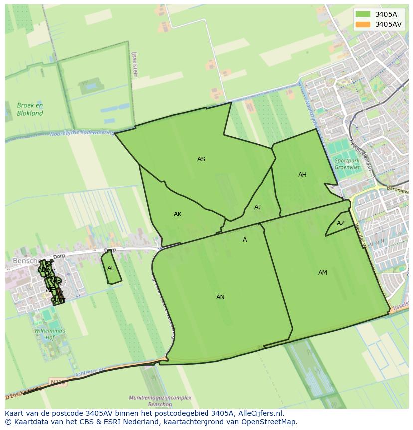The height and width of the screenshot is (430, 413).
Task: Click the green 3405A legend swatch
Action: [363, 14]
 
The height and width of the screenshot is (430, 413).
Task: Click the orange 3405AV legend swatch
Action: [363, 24]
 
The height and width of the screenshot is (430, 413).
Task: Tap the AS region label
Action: [201, 159]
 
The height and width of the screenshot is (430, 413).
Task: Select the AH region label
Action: [302, 175]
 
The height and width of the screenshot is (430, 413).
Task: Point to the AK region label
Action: [178, 214]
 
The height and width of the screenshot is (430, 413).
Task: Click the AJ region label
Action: [257, 207]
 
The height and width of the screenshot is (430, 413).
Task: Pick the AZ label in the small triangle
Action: [341, 223]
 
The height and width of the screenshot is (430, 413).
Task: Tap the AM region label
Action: [323, 273]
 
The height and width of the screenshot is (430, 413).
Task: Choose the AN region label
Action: [220, 297]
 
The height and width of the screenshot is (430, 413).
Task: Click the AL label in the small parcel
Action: [111, 268]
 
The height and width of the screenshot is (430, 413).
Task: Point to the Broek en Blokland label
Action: [30, 109]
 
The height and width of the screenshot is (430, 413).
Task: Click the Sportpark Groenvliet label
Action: [347, 164]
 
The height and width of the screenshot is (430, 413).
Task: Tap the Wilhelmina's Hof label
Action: [49, 334]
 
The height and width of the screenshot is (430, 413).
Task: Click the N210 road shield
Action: [58, 382]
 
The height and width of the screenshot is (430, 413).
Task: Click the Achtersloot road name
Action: [90, 373]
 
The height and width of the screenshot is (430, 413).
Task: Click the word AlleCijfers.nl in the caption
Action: [259, 413]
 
